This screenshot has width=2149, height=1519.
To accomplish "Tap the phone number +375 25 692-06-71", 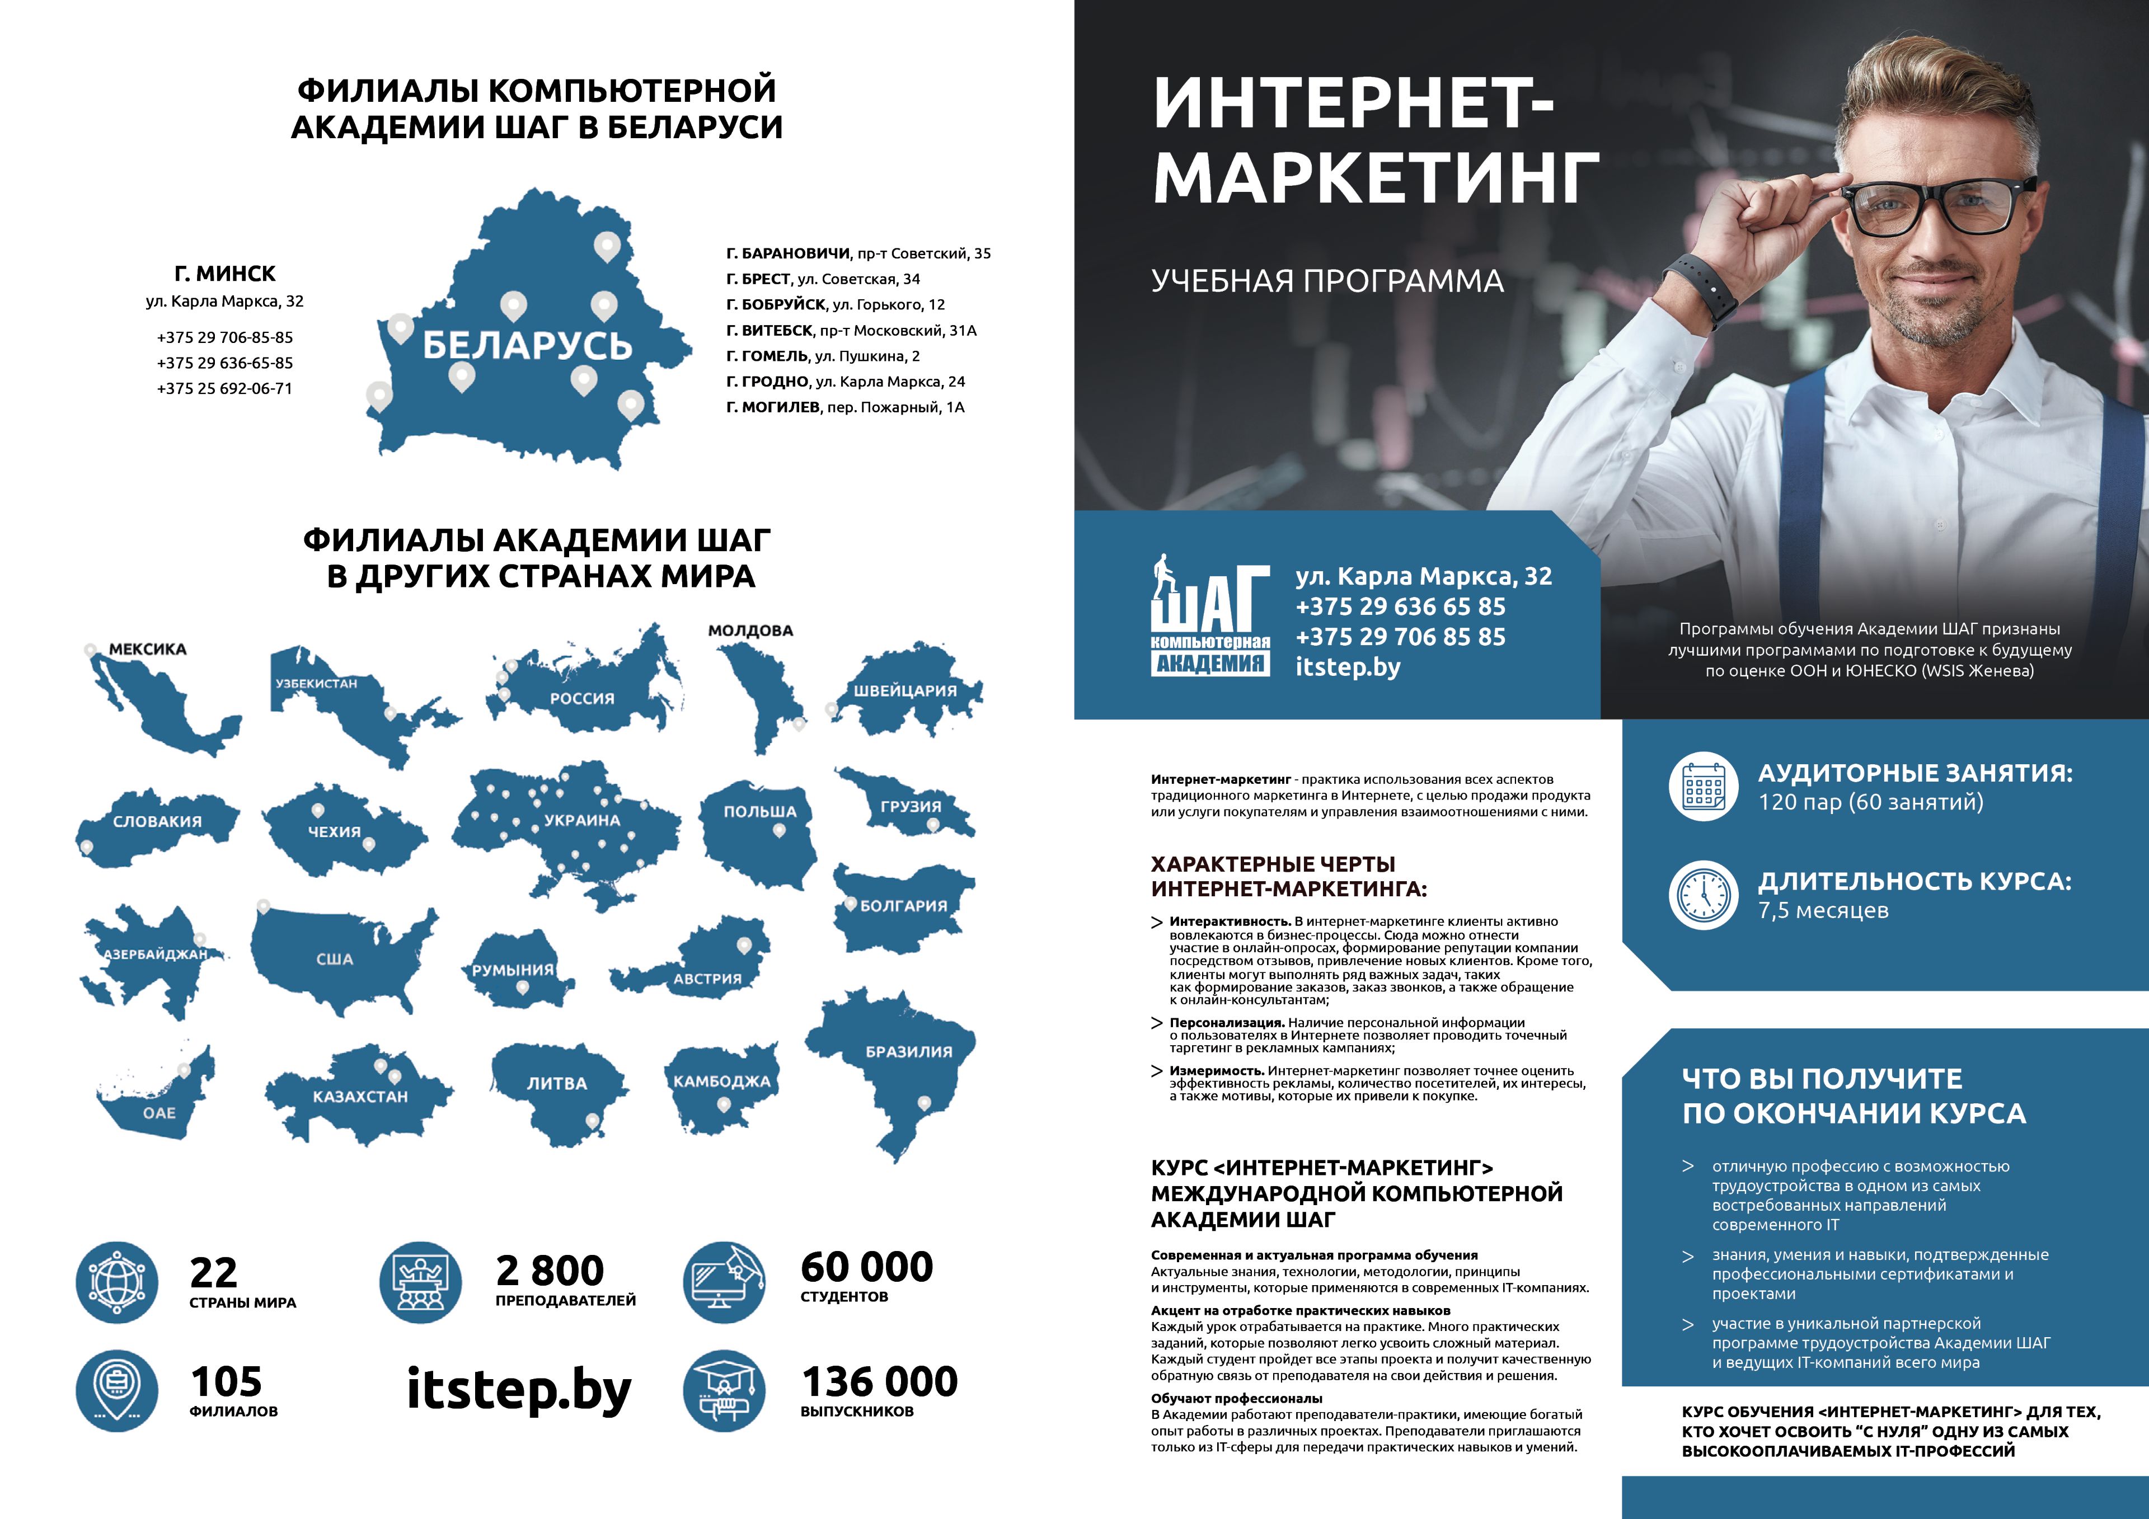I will pos(224,388).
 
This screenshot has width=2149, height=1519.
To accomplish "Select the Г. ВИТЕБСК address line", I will pos(851,331).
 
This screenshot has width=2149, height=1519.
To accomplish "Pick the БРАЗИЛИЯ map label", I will pos(909,1052).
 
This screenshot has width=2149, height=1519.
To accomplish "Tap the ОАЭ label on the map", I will pos(159,1113).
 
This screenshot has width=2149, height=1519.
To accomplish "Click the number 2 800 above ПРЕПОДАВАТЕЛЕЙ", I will pos(550,1270).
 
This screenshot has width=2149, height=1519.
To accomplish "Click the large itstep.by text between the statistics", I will pos(519,1390).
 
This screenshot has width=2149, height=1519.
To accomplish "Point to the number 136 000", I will pos(880,1381).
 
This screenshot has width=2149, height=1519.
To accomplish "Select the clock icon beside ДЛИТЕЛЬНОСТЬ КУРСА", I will pos(1704,895).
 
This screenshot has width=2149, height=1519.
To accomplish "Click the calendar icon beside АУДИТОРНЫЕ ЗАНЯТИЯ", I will pos(1704,786).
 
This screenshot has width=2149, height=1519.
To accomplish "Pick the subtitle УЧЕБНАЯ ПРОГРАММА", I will pos(1327,281).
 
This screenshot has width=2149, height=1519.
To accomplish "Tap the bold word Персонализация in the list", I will pos(1226,1023).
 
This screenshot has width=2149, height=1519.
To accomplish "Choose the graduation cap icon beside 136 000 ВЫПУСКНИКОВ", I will pos(724,1391).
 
